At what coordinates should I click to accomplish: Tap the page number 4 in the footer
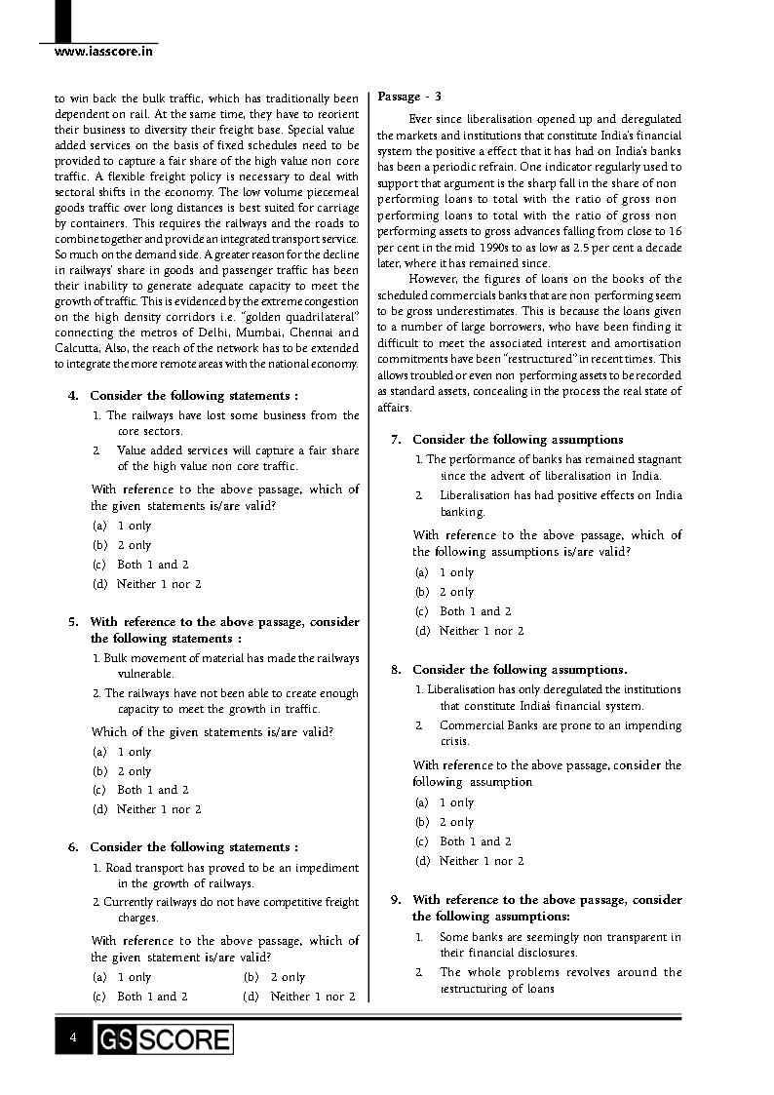tap(73, 1037)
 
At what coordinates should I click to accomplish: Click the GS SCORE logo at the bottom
tap(164, 1039)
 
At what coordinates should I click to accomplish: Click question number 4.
tap(73, 396)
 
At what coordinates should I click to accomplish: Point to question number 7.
tap(396, 440)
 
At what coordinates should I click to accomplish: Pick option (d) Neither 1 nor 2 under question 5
tap(147, 809)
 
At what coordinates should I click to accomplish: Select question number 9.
tap(396, 900)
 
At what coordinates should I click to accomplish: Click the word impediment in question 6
tap(325, 868)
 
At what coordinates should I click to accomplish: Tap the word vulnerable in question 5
tap(145, 674)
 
